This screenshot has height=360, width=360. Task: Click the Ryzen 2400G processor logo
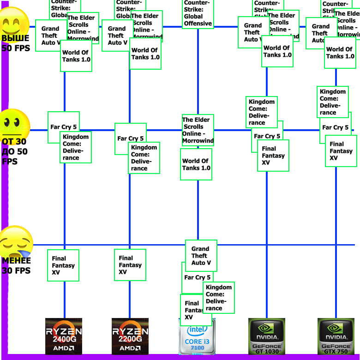64,336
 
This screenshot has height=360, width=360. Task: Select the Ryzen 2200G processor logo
130,336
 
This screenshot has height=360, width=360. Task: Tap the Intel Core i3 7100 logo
197,336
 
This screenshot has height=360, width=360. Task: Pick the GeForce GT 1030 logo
266,336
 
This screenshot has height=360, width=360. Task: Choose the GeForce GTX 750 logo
336,336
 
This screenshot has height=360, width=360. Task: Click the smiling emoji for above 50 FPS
15,21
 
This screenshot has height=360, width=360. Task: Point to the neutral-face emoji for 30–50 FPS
15,123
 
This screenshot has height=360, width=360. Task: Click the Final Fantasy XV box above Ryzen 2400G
63,265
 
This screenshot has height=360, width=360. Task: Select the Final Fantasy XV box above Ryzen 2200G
130,265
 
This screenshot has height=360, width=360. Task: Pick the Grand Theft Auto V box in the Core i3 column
201,256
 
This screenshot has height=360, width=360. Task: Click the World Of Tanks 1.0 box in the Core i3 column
196,164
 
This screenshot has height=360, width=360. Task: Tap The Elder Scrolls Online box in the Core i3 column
198,130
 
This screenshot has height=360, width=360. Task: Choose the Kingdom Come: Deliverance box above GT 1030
262,112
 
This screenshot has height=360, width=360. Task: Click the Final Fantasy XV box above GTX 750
341,151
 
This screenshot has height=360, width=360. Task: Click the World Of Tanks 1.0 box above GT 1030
277,51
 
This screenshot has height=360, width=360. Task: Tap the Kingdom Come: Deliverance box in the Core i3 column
219,298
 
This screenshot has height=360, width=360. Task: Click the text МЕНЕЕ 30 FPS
16,265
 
